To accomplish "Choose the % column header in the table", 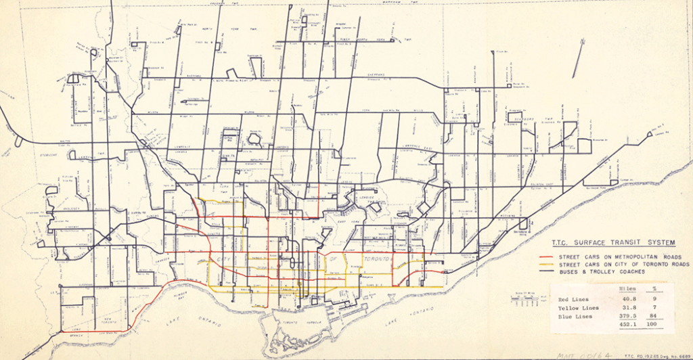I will click(x=648, y=288).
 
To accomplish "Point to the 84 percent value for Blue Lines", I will click(x=648, y=316).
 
